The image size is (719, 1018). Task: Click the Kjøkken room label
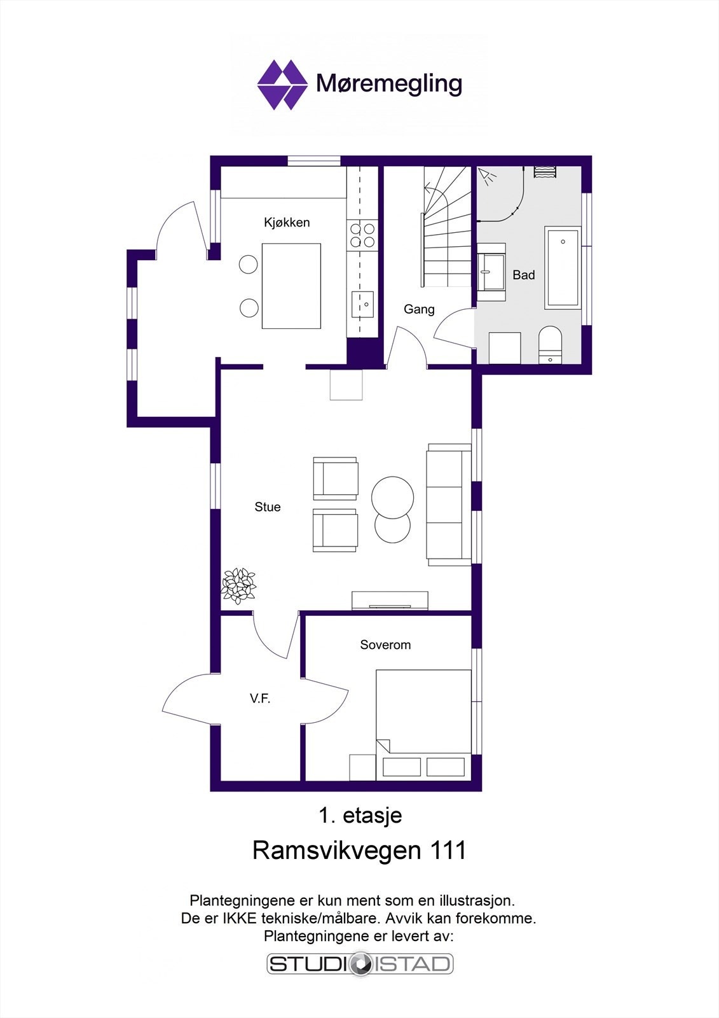pos(287,222)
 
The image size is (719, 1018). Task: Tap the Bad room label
pos(523,275)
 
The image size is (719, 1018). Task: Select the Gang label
pos(419,309)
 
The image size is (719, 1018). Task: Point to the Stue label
pos(267,506)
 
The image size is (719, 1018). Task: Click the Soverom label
pos(385,645)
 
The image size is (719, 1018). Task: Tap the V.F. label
pos(260,699)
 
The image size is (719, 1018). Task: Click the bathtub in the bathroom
pos(563,268)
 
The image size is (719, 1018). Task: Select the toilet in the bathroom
pos(550,344)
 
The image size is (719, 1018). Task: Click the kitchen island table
pos(291,286)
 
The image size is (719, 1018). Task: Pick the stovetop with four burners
pos(362,235)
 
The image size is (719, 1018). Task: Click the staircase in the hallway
pos(446,229)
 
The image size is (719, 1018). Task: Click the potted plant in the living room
pos(238,585)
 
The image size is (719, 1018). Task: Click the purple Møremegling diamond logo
pos(282,85)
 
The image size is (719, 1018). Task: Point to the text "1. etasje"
pos(360,815)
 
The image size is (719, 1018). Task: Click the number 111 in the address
pos(448,850)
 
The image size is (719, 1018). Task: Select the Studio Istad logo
pos(359,963)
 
